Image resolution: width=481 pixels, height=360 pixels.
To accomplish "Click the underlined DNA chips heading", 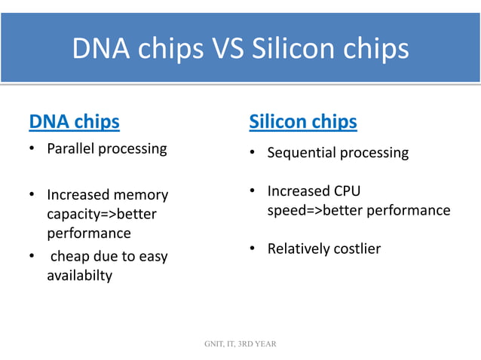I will coord(74,121).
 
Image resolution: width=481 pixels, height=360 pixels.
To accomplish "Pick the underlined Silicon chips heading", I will coord(303,121).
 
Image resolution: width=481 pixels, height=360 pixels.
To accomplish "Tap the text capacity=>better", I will coord(102,214).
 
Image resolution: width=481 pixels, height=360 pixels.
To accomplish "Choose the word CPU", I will coord(346,191).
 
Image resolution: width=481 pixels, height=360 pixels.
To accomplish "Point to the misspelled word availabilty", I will coord(80,276).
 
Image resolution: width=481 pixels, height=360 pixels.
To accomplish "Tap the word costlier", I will coord(357,249).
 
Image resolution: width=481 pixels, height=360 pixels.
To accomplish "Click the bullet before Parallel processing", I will coord(32,149).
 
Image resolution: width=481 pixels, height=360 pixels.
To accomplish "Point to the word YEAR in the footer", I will coord(265,344).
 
